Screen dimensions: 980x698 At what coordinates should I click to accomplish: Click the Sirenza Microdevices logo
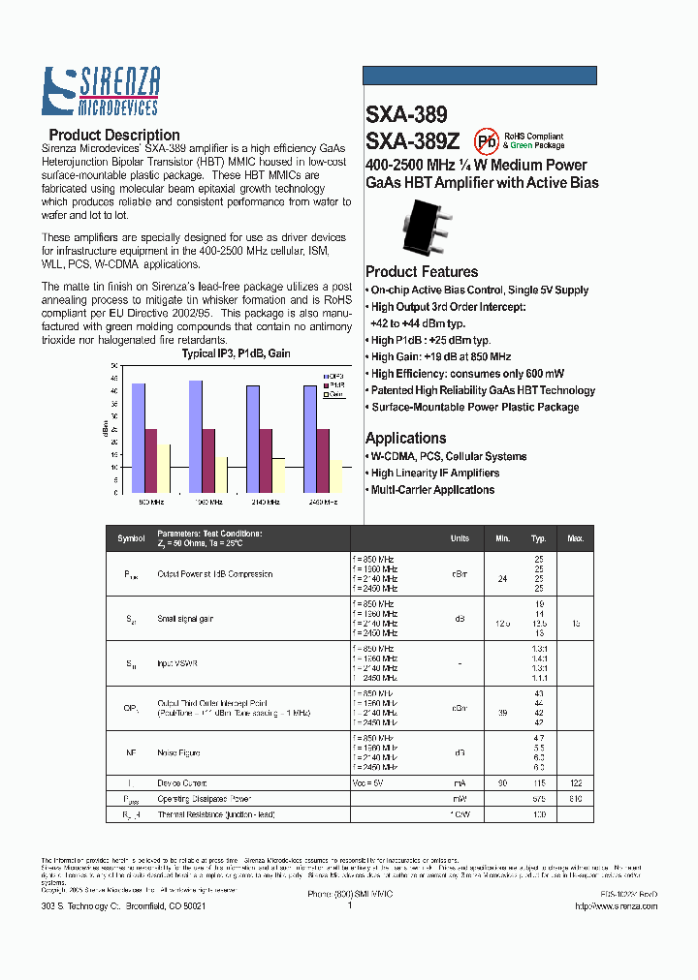point(101,91)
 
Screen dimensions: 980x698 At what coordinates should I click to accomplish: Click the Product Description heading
point(114,136)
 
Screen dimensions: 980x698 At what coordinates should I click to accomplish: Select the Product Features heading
point(422,272)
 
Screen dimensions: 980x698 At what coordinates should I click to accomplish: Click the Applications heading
point(406,438)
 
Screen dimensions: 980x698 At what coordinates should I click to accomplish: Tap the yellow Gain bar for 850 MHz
point(164,469)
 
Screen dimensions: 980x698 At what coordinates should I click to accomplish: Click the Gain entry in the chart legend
point(334,394)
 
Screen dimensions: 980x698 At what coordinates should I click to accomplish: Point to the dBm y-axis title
point(105,427)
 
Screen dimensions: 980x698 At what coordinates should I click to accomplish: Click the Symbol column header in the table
point(131,538)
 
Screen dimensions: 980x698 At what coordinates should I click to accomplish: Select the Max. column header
point(576,538)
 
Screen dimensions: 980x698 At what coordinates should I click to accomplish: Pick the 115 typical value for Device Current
point(539,782)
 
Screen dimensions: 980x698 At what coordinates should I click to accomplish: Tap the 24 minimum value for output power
point(502,579)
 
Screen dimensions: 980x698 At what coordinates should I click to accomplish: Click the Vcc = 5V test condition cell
point(368,782)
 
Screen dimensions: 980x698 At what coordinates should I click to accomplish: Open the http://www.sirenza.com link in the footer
point(616,906)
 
